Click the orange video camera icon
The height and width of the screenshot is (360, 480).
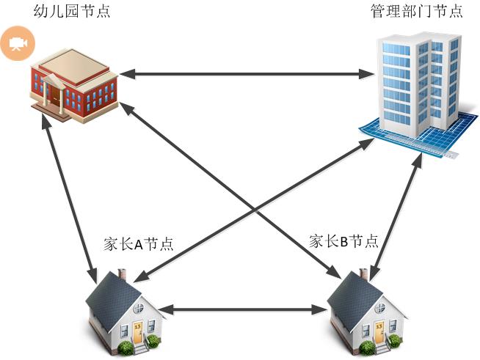point(18,43)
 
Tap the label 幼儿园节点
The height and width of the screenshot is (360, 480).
point(72,11)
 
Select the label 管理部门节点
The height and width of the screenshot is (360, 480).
point(417,11)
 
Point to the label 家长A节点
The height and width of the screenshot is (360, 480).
point(139,243)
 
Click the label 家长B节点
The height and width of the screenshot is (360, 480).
point(343,241)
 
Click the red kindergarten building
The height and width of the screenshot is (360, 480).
point(74,86)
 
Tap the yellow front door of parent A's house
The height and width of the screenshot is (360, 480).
point(137,332)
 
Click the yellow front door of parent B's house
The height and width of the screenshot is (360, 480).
point(379,332)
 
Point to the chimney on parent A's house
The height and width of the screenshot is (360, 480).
point(122,274)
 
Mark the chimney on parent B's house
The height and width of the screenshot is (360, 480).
point(364,274)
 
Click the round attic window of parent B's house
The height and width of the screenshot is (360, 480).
point(380,308)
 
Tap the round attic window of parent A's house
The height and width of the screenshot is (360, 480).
point(139,308)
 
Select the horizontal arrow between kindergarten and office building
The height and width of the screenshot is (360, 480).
point(247,74)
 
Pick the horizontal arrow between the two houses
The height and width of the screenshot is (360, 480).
point(244,309)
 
